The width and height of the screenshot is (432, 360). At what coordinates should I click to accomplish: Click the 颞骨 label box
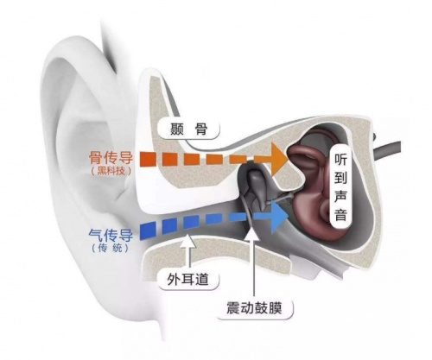point(189,129)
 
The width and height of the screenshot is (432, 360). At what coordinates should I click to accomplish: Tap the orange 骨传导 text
point(111,158)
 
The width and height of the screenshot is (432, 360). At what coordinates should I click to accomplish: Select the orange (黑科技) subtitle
point(111,172)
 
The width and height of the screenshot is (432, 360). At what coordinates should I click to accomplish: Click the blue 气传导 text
point(111,235)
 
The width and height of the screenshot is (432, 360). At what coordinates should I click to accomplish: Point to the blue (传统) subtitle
point(111,248)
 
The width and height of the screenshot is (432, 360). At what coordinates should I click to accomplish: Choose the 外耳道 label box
point(188,280)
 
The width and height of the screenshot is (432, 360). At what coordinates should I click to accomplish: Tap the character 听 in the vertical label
point(340,159)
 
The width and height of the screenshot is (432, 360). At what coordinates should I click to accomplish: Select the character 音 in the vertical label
point(340,213)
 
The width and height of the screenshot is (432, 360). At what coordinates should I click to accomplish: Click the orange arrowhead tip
point(288,159)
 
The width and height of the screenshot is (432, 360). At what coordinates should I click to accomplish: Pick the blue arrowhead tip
point(288,215)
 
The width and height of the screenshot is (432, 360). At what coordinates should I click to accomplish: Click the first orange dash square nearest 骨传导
point(148,159)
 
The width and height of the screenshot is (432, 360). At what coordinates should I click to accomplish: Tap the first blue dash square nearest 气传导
point(148,231)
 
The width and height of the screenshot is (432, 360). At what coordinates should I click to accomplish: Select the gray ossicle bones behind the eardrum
point(257,188)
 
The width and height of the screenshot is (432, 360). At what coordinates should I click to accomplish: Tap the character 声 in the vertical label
point(340,195)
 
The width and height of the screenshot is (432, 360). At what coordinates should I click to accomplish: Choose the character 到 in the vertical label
point(340,177)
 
